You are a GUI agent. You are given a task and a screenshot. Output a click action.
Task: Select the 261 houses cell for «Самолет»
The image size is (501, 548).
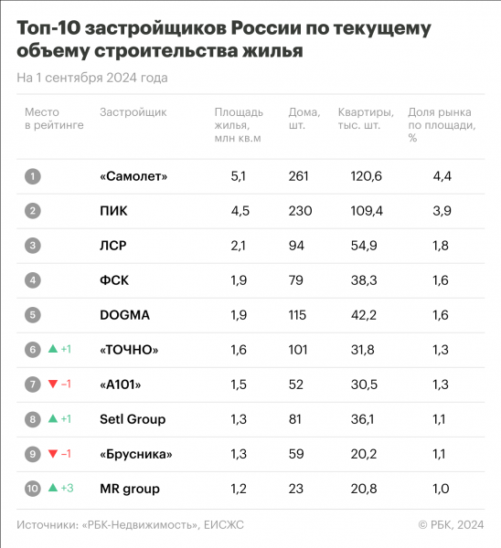[300, 175]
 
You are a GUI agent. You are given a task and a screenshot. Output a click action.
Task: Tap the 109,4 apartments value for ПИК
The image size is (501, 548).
[368, 210]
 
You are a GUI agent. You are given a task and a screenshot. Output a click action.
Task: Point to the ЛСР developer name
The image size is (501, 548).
[113, 245]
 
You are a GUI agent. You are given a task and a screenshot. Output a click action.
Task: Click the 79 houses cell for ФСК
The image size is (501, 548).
[296, 279]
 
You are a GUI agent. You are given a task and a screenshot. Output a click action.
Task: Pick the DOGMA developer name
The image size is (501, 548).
[123, 315]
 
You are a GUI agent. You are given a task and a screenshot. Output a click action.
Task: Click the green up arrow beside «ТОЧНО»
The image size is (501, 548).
[53, 349]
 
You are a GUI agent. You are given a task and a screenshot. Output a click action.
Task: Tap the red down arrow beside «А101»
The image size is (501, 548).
[53, 385]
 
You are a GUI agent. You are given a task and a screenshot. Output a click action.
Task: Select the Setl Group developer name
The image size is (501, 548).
[132, 419]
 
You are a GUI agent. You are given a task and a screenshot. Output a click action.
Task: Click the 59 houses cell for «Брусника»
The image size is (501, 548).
[296, 454]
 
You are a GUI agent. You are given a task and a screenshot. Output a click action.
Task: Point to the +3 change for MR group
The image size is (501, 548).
[68, 489]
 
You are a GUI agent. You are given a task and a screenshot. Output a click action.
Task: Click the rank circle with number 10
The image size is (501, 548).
[33, 489]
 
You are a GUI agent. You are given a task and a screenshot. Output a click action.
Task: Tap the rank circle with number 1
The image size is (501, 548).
[33, 175]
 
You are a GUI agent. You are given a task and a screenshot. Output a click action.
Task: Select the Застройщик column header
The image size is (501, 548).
[133, 112]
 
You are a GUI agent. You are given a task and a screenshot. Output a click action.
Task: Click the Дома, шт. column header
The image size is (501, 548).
[304, 119]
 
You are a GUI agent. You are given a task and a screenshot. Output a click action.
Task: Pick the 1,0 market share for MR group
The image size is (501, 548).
[440, 489]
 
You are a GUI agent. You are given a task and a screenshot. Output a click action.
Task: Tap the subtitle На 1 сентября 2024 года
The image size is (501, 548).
[92, 78]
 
